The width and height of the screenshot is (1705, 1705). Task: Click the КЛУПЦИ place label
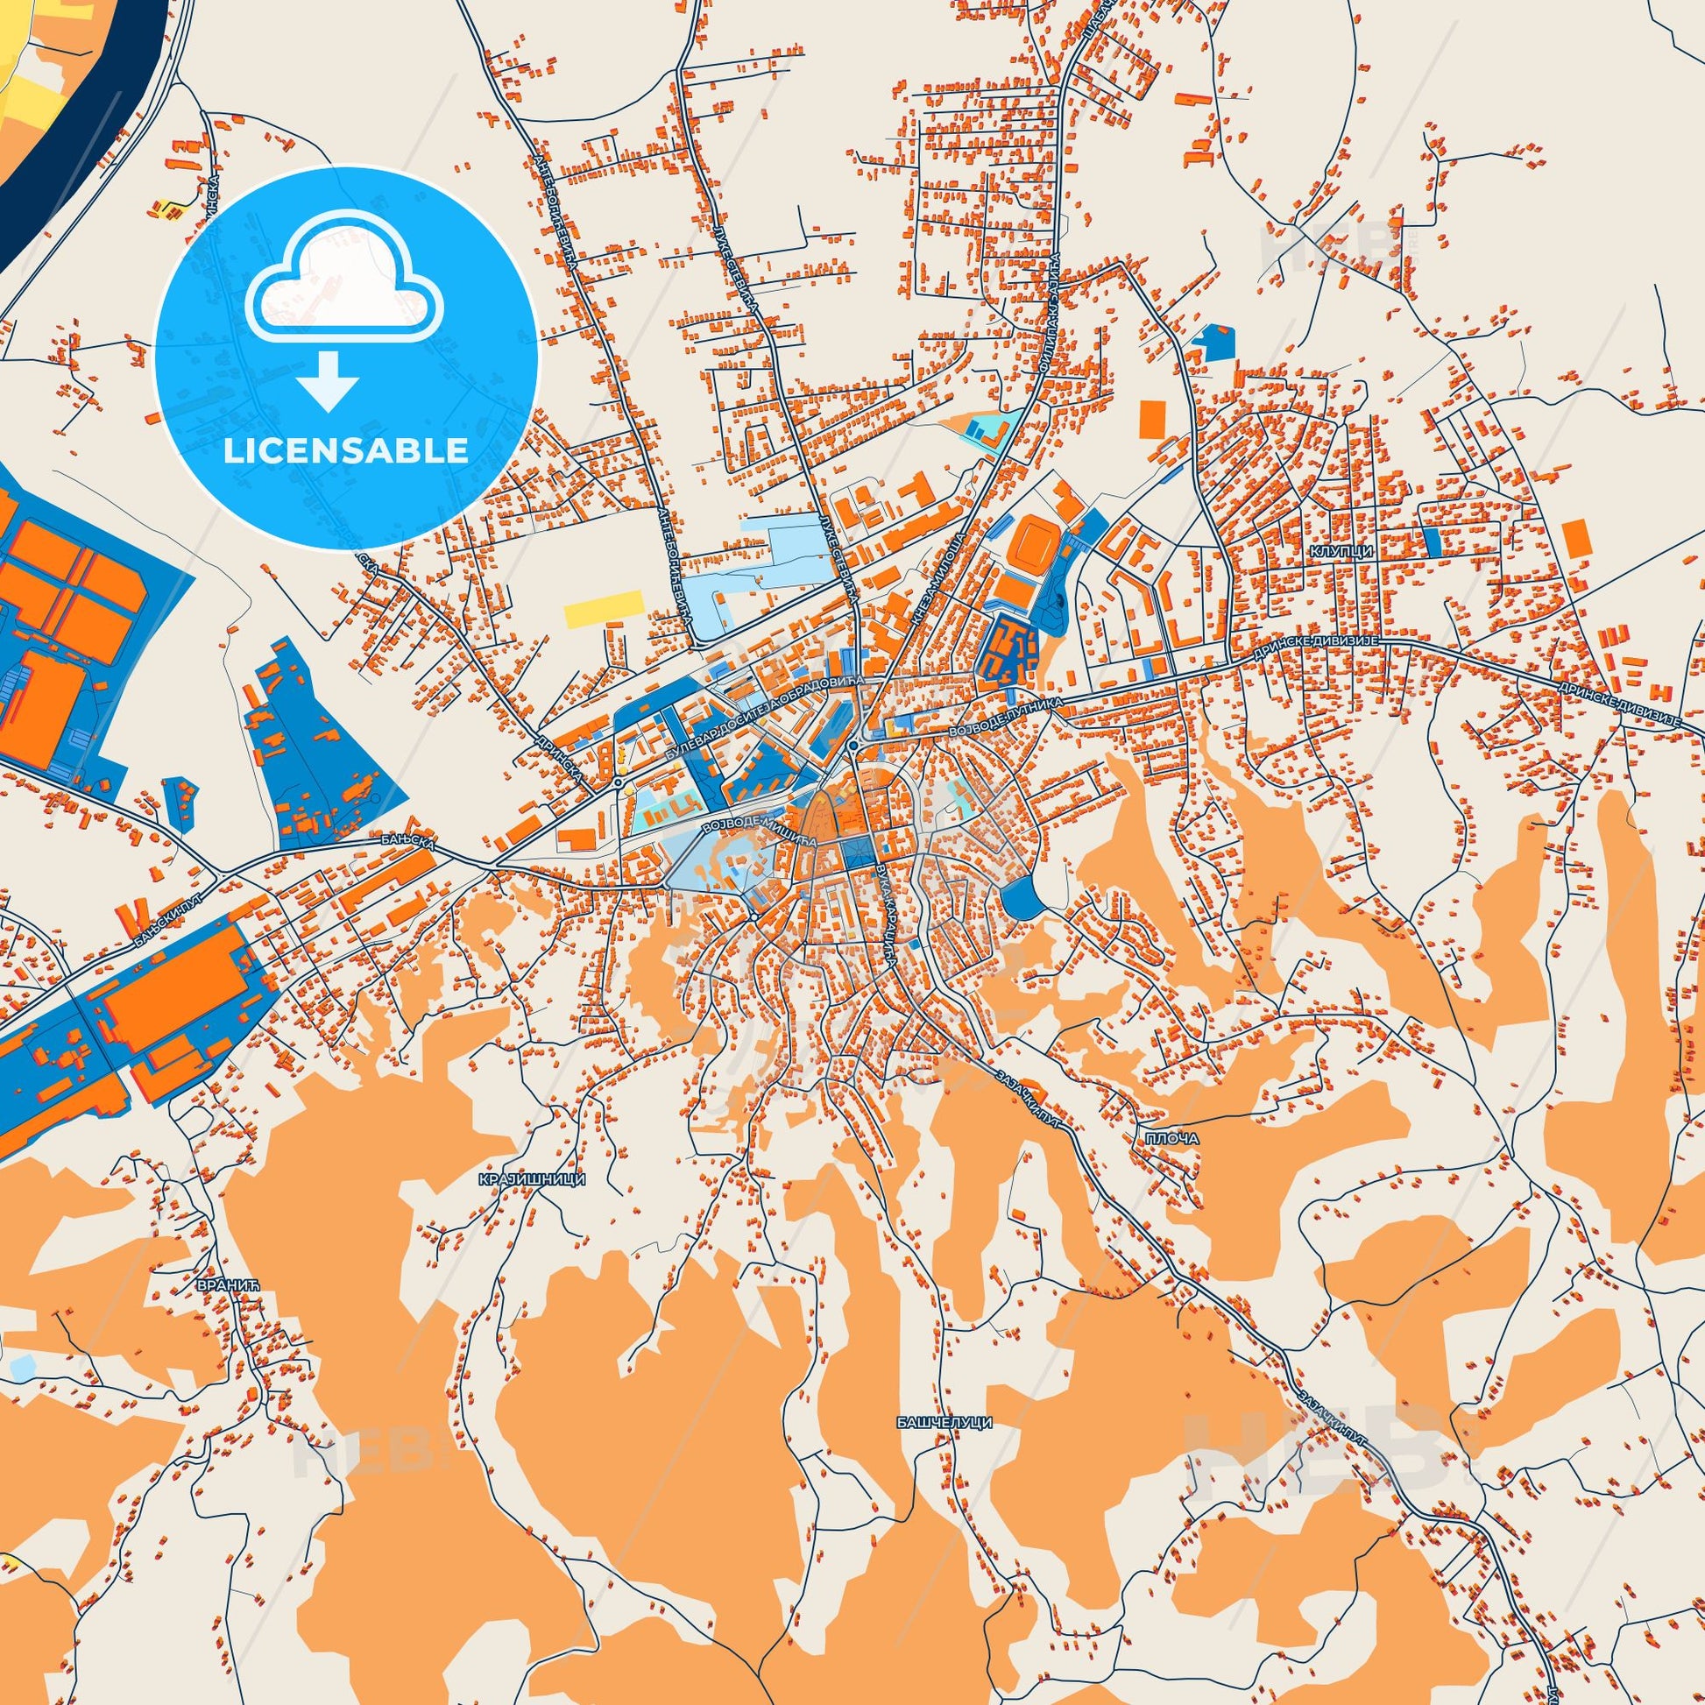(1352, 548)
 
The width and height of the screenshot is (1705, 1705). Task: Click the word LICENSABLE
(346, 450)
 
